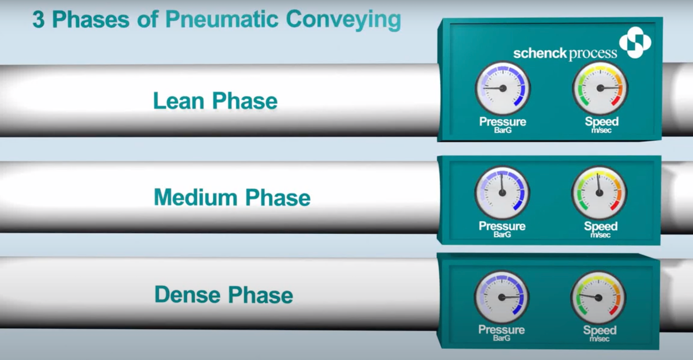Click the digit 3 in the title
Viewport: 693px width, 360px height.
click(x=38, y=19)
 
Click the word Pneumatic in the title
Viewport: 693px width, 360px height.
click(x=222, y=19)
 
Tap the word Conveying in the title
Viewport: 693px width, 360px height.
click(x=343, y=20)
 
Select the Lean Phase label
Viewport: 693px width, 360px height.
click(x=215, y=101)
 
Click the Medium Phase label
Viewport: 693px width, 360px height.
click(x=232, y=197)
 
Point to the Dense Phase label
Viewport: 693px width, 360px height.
click(x=223, y=294)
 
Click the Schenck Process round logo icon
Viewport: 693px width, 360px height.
click(x=635, y=42)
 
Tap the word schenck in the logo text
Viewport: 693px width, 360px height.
click(x=540, y=54)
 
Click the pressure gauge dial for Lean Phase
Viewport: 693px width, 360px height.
click(x=503, y=88)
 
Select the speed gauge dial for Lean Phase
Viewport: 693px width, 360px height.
click(x=600, y=88)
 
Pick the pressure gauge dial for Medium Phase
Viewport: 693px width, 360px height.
click(x=502, y=193)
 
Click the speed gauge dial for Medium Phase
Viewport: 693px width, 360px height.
click(x=599, y=193)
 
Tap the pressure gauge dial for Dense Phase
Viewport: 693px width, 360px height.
click(x=501, y=297)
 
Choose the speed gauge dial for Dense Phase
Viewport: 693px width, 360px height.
click(x=598, y=297)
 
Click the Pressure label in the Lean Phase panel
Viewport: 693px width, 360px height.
click(x=503, y=121)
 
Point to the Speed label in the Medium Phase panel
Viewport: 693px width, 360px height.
click(x=601, y=226)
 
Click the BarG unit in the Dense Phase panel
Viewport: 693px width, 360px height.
click(x=501, y=338)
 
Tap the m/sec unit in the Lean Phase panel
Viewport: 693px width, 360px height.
click(x=601, y=130)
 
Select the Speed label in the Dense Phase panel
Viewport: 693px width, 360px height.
click(x=600, y=330)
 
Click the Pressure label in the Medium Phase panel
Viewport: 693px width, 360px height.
click(x=502, y=226)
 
